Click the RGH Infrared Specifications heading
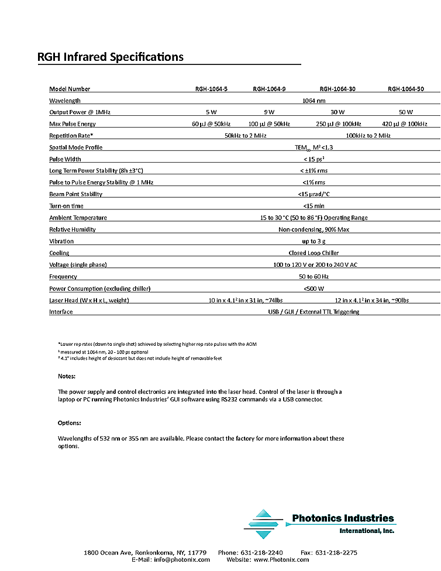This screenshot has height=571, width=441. click(111, 57)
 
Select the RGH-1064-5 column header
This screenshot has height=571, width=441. click(211, 89)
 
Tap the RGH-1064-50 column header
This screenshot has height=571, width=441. click(405, 89)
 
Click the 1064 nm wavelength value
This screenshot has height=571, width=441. click(313, 101)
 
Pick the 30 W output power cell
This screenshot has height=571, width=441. click(337, 112)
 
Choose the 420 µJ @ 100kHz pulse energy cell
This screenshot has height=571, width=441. click(405, 124)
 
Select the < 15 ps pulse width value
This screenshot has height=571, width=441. click(315, 159)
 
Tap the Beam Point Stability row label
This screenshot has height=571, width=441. click(76, 194)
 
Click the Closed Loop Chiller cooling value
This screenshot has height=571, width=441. click(313, 253)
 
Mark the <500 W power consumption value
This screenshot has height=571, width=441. click(313, 288)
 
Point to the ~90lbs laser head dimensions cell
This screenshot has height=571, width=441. click(368, 300)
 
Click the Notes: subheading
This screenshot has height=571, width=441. click(67, 376)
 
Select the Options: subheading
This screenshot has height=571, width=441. click(69, 423)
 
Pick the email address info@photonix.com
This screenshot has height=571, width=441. click(182, 560)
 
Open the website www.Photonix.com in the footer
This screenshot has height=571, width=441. click(281, 560)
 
